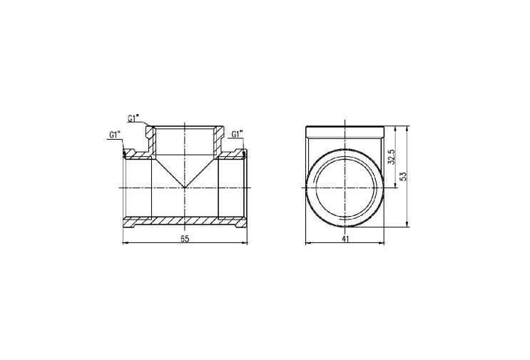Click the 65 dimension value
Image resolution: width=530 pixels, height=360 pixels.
coord(184,239)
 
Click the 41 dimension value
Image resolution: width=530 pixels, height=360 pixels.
coord(345,239)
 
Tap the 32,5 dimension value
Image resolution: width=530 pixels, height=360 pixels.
coord(392,157)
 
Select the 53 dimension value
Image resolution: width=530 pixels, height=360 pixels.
coord(403,176)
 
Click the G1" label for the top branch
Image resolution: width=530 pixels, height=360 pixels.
coord(133,118)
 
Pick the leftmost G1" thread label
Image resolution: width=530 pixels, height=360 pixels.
coord(116,135)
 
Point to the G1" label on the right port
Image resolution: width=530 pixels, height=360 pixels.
coord(238,134)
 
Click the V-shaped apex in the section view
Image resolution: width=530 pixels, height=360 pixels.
coord(185,187)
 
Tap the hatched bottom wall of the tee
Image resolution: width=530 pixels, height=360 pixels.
coord(185,221)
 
